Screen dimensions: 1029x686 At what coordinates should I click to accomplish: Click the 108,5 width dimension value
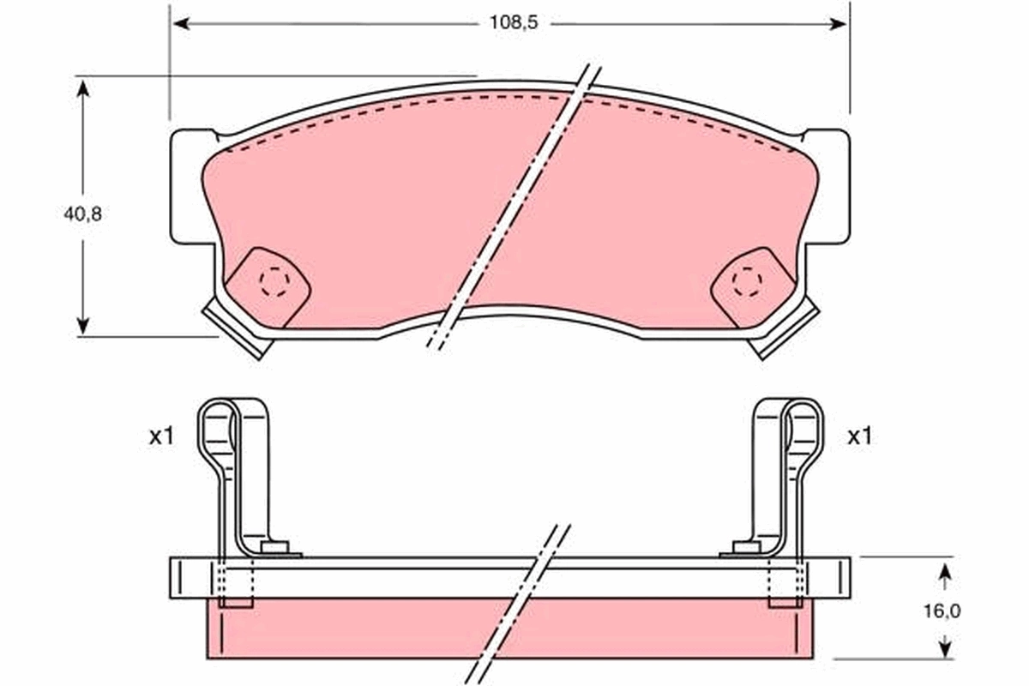point(513,23)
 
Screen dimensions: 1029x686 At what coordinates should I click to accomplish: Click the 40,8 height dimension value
point(82,214)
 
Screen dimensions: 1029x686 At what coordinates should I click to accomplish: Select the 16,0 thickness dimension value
point(942,611)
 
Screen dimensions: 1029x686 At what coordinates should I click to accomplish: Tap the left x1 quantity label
point(161,436)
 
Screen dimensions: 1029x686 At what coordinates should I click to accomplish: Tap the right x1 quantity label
point(859,436)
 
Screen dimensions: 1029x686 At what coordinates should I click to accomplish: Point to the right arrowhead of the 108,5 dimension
point(838,24)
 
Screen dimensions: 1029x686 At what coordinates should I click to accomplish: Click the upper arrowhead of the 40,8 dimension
point(82,88)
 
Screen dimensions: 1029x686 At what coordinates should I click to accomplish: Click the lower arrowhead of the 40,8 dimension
point(82,325)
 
